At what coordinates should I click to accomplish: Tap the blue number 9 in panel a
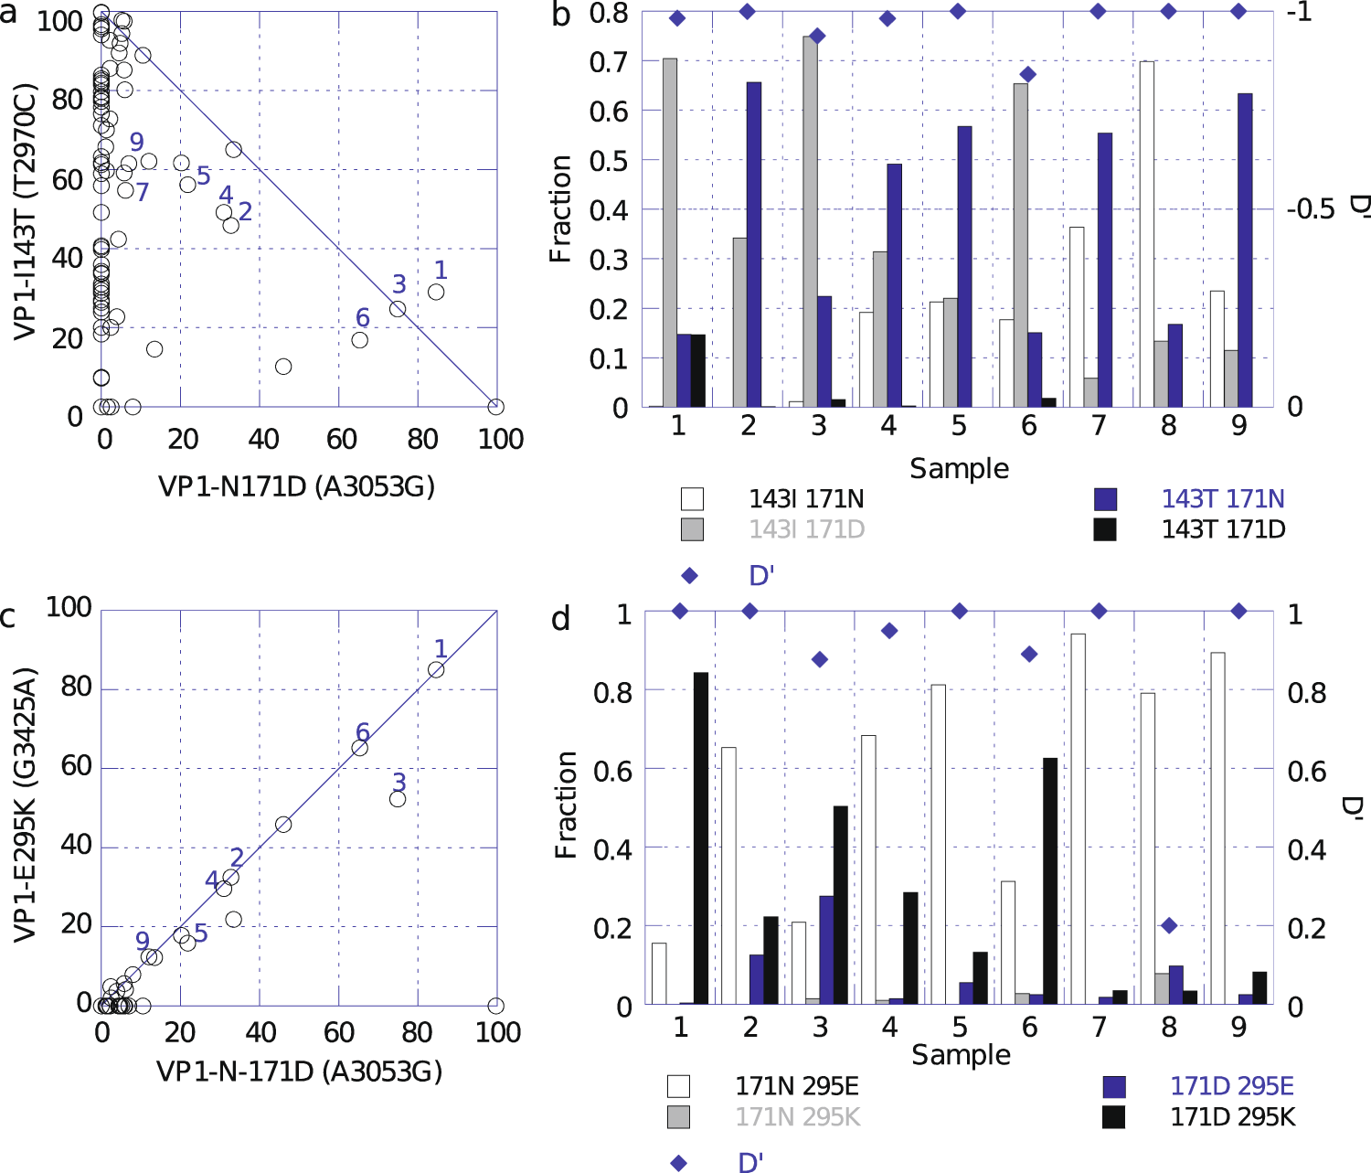pos(136,142)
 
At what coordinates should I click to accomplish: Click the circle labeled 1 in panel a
pos(436,292)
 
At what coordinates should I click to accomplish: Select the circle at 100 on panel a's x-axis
pos(495,407)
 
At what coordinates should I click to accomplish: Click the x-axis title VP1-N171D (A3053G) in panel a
pos(297,485)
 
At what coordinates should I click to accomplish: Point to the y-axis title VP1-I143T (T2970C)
pos(25,212)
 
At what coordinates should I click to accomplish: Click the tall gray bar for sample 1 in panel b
pos(670,232)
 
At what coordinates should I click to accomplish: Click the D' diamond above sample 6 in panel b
pos(1027,74)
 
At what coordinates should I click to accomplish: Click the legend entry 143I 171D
pos(806,529)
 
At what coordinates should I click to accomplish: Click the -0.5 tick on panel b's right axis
pos(1310,209)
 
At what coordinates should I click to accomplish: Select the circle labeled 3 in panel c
pos(398,798)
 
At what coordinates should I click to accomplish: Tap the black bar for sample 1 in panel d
pos(701,837)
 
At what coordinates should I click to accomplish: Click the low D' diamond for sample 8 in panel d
pos(1168,925)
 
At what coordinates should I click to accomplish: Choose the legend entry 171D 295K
pos(1232,1117)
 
